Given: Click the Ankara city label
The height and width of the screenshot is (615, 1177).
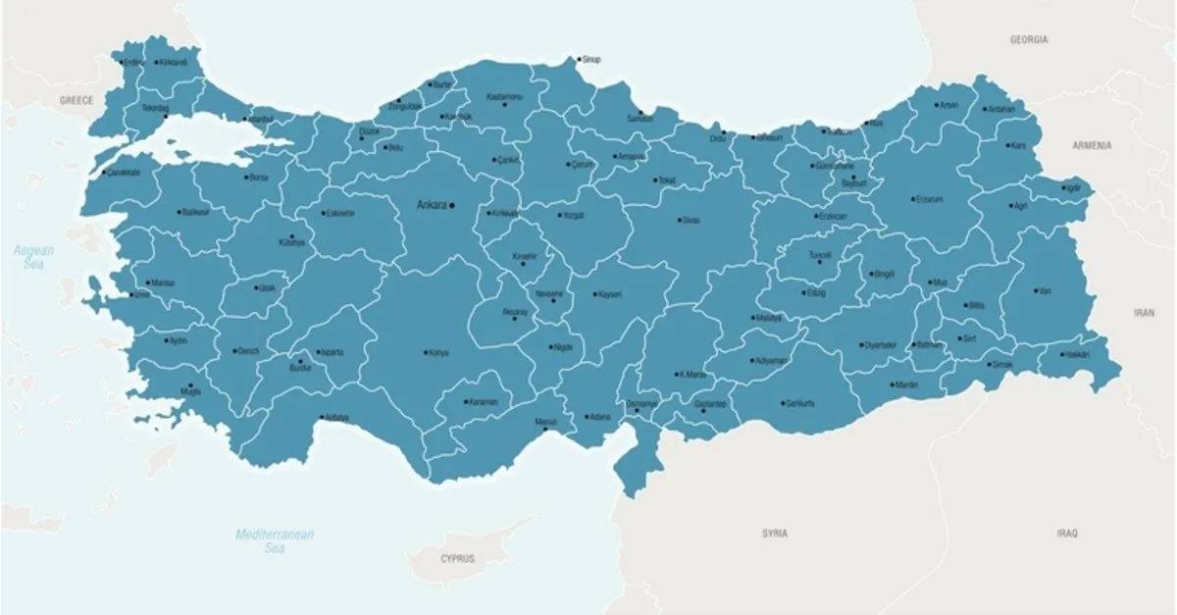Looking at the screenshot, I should [x=432, y=205].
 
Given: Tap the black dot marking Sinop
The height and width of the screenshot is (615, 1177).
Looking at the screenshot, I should [x=579, y=59].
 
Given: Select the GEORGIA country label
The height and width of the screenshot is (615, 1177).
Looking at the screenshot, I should [x=1029, y=40].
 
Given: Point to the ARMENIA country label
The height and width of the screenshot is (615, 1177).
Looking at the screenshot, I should [x=1092, y=145].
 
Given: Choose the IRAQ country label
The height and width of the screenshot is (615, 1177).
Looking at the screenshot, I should [x=1067, y=534].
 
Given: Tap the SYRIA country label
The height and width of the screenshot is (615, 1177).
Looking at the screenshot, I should [x=774, y=534].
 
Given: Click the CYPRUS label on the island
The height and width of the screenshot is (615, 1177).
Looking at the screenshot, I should [x=457, y=558].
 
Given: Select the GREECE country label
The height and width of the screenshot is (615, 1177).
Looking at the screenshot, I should [x=76, y=100].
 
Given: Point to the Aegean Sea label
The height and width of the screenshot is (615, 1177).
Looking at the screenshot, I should [x=33, y=258].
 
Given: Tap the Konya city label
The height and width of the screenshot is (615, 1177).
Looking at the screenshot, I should [x=437, y=353].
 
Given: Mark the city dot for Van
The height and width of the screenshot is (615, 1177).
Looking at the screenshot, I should [x=1036, y=290].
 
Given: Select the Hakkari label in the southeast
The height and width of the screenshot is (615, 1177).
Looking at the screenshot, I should [x=1076, y=354].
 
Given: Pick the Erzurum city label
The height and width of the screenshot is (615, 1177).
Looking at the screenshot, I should [x=928, y=199].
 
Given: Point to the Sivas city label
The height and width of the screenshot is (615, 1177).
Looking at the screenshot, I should [x=691, y=221].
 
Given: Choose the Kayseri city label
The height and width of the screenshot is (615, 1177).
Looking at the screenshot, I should [x=609, y=294].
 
